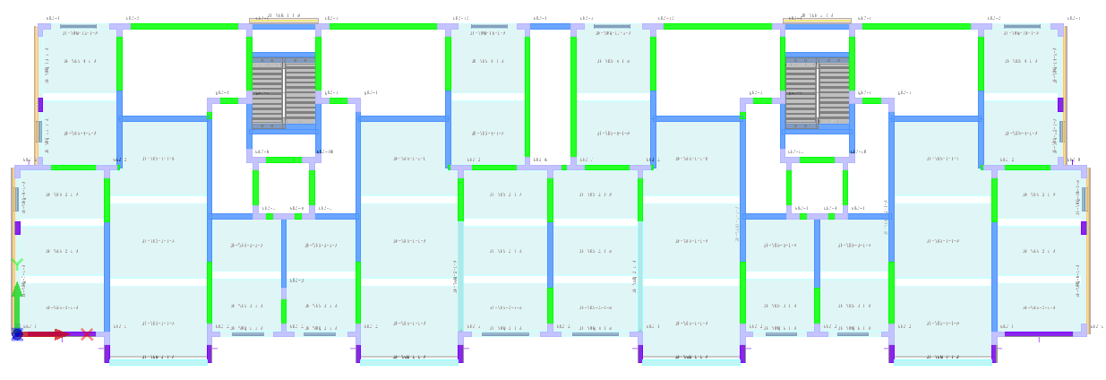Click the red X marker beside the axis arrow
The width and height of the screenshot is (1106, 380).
tap(87, 334)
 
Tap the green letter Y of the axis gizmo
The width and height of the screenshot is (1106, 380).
tap(17, 263)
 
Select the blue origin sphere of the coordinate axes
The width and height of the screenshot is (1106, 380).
tap(17, 333)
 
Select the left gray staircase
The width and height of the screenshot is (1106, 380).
tap(283, 91)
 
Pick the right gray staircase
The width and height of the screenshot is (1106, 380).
tap(817, 91)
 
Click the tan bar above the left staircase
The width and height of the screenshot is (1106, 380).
tap(283, 21)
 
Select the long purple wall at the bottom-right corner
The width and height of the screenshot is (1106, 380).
tap(1038, 334)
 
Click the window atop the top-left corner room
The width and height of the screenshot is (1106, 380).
tap(78, 27)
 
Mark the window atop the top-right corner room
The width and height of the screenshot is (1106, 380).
tap(1022, 27)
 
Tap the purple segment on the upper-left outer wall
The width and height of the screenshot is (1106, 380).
tap(40, 105)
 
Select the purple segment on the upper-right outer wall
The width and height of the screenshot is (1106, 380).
tap(1060, 105)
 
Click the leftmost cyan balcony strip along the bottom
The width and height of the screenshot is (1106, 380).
tap(158, 361)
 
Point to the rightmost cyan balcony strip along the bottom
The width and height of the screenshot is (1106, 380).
tap(942, 361)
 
